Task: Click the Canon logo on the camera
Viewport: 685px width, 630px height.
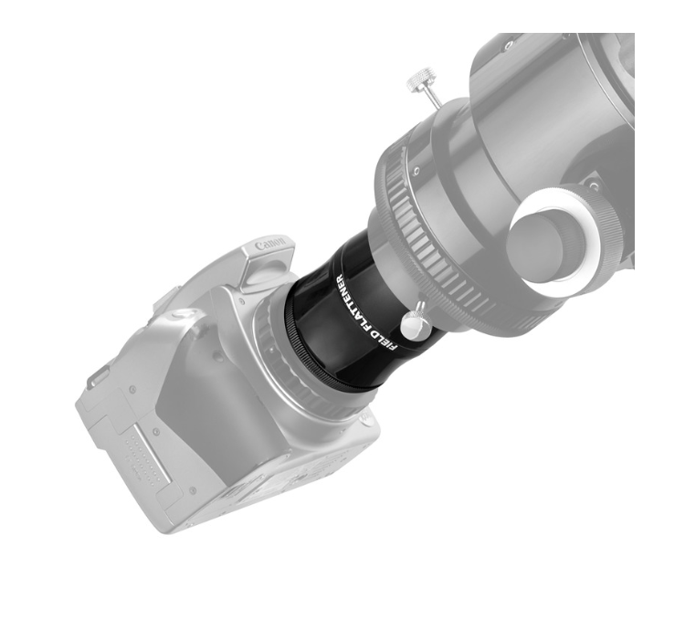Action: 270,244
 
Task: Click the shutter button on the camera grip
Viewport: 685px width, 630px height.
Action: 185,314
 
